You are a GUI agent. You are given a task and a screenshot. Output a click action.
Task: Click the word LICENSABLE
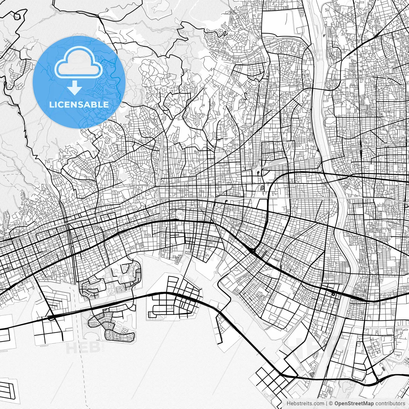click(x=79, y=104)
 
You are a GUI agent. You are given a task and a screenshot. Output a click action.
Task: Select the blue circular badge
click(x=79, y=82)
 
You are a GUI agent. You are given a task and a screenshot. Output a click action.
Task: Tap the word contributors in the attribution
click(x=390, y=404)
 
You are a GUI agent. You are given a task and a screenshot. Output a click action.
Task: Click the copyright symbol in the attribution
click(x=331, y=404)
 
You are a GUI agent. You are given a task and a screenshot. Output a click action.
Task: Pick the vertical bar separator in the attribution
click(x=326, y=404)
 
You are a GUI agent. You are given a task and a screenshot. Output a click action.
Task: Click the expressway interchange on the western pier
click(x=50, y=317)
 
